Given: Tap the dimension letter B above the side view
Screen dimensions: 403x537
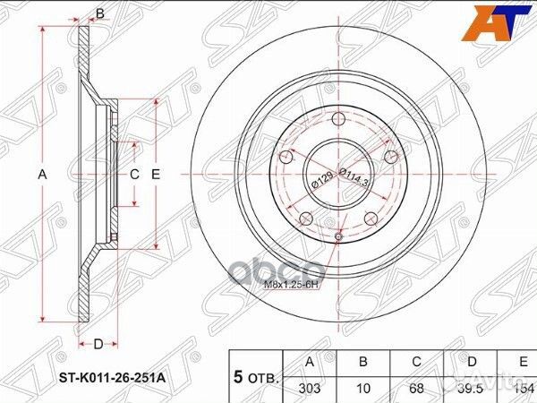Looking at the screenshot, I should pyautogui.click(x=100, y=13).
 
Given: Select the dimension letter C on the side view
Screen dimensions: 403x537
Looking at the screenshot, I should pyautogui.click(x=134, y=175).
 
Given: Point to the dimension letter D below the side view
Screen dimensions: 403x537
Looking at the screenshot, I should pyautogui.click(x=99, y=343).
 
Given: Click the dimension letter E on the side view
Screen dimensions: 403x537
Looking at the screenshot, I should pyautogui.click(x=155, y=175).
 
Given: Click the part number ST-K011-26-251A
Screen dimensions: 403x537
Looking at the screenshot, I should pyautogui.click(x=113, y=378).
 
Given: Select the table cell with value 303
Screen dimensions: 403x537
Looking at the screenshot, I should pyautogui.click(x=310, y=386).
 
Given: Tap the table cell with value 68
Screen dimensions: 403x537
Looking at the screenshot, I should pyautogui.click(x=417, y=386).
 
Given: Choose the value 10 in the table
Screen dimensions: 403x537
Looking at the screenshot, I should pyautogui.click(x=363, y=386).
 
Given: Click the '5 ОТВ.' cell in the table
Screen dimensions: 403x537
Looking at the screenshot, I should pyautogui.click(x=256, y=376).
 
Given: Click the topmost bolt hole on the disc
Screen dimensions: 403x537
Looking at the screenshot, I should pyautogui.click(x=337, y=123).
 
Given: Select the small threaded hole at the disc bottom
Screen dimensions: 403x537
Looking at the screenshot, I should pyautogui.click(x=338, y=236).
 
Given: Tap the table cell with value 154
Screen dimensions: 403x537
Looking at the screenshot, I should pyautogui.click(x=522, y=386).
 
